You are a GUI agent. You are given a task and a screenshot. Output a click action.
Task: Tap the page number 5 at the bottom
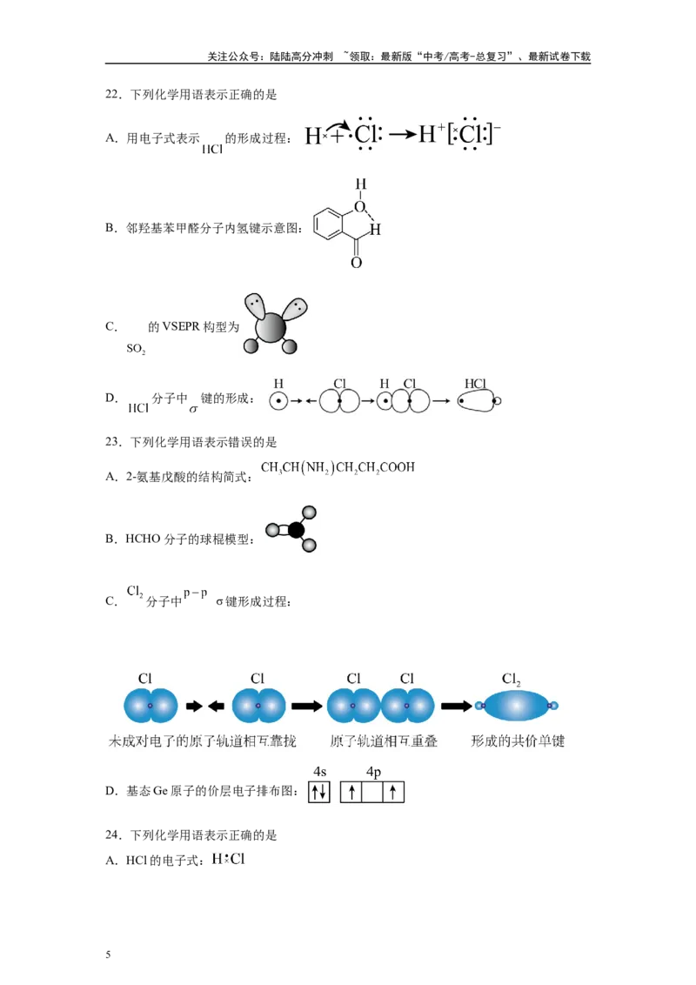tap(108, 955)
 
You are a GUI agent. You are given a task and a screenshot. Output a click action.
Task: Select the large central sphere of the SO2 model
tap(271, 327)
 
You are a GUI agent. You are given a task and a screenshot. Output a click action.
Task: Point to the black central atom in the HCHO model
tap(296, 530)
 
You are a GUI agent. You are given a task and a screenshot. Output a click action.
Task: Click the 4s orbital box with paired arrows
tap(319, 792)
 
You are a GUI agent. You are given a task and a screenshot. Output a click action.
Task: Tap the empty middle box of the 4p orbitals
tap(372, 792)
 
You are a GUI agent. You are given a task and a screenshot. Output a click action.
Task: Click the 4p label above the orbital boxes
tap(373, 772)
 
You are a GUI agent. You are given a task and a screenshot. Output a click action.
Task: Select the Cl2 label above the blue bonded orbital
tap(512, 679)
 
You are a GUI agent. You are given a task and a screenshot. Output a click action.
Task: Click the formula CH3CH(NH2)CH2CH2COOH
tap(338, 467)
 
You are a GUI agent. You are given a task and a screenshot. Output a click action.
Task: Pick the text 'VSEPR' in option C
tap(181, 326)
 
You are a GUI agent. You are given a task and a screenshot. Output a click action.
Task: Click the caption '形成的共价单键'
tap(519, 741)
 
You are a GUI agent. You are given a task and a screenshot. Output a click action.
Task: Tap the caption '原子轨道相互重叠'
tap(384, 741)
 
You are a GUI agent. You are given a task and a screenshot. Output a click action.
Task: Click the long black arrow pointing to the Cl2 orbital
tap(456, 706)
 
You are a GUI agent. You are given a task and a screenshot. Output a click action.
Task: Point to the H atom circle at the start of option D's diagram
tap(278, 401)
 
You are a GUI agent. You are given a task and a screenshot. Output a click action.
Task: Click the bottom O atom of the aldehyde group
tap(356, 263)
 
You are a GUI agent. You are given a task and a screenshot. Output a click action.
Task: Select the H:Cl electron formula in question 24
tap(229, 860)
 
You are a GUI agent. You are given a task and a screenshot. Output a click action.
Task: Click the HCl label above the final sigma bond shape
tap(476, 383)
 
